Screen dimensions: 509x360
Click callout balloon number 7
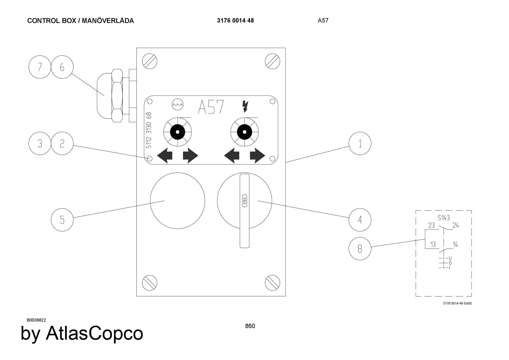tap(40, 67)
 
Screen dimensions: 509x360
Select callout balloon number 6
tap(62, 67)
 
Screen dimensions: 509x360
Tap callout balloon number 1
tap(360, 143)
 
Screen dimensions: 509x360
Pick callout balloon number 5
tap(62, 220)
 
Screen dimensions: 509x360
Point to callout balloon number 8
tap(360, 248)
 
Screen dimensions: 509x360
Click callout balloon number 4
tap(360, 220)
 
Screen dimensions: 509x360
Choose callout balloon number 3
tap(40, 143)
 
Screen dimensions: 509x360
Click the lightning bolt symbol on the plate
tap(245, 106)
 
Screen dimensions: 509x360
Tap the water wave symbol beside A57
tap(177, 104)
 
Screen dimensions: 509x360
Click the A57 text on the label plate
tap(211, 107)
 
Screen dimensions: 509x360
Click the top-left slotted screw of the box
tap(150, 61)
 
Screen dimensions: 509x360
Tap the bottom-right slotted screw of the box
tap(272, 283)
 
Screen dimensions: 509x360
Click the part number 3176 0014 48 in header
tap(235, 21)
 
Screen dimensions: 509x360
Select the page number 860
tap(250, 326)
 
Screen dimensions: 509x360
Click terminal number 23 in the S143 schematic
tap(431, 225)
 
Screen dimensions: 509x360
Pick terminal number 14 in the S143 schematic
tap(455, 244)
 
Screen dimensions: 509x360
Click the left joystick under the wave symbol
tap(177, 132)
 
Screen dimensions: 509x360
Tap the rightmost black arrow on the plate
tap(257, 155)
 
